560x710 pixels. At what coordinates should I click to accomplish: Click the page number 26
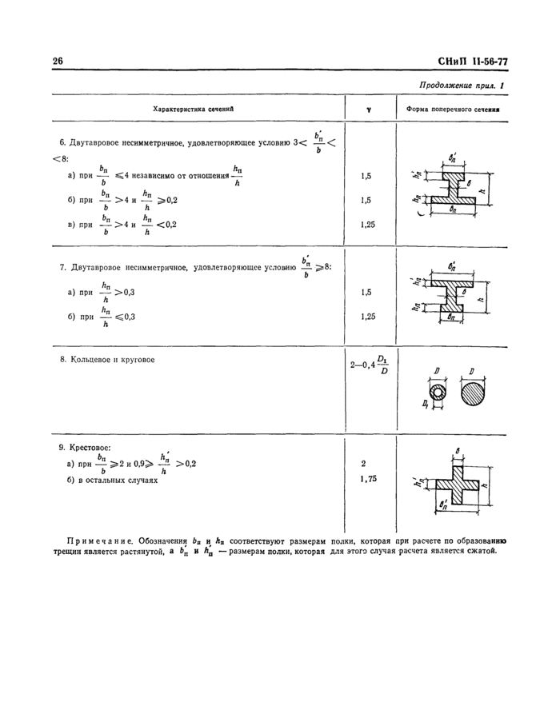pyautogui.click(x=58, y=62)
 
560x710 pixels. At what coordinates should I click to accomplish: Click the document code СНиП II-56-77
pyautogui.click(x=474, y=62)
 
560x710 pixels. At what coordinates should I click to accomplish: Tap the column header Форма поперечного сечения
pyautogui.click(x=453, y=108)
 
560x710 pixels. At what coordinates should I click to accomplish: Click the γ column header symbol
pyautogui.click(x=367, y=109)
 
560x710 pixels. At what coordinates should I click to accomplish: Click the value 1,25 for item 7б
pyautogui.click(x=367, y=317)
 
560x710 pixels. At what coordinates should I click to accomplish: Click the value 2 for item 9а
pyautogui.click(x=364, y=463)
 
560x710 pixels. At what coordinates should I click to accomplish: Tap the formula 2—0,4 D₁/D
pyautogui.click(x=369, y=365)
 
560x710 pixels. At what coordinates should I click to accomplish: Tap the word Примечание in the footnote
pyautogui.click(x=100, y=541)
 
